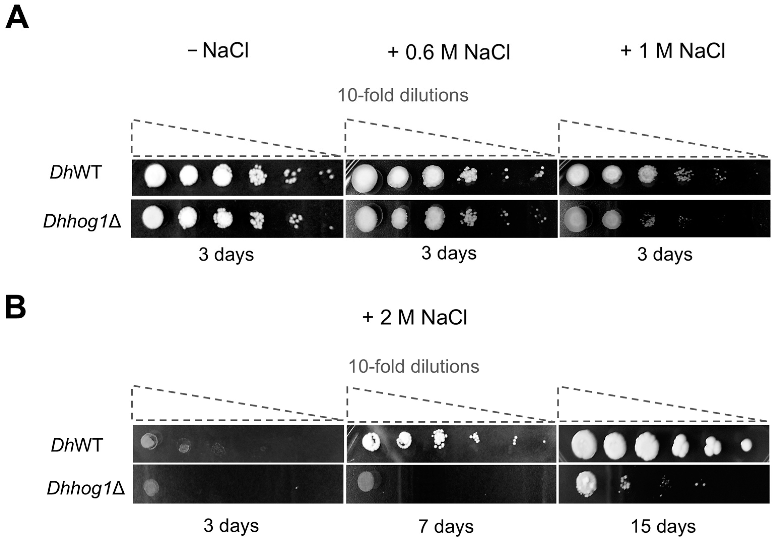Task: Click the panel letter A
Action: click(x=17, y=19)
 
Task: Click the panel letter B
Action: click(x=16, y=308)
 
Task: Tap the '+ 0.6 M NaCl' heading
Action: click(x=449, y=52)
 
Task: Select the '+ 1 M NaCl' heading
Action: click(x=673, y=51)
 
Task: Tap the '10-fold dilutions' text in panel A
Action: click(x=403, y=95)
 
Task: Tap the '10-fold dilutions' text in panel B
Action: click(x=414, y=366)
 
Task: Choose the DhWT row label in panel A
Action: click(x=76, y=173)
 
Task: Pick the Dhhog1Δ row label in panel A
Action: click(x=82, y=222)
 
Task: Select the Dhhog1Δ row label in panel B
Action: click(x=86, y=488)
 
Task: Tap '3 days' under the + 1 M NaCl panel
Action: click(x=665, y=254)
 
